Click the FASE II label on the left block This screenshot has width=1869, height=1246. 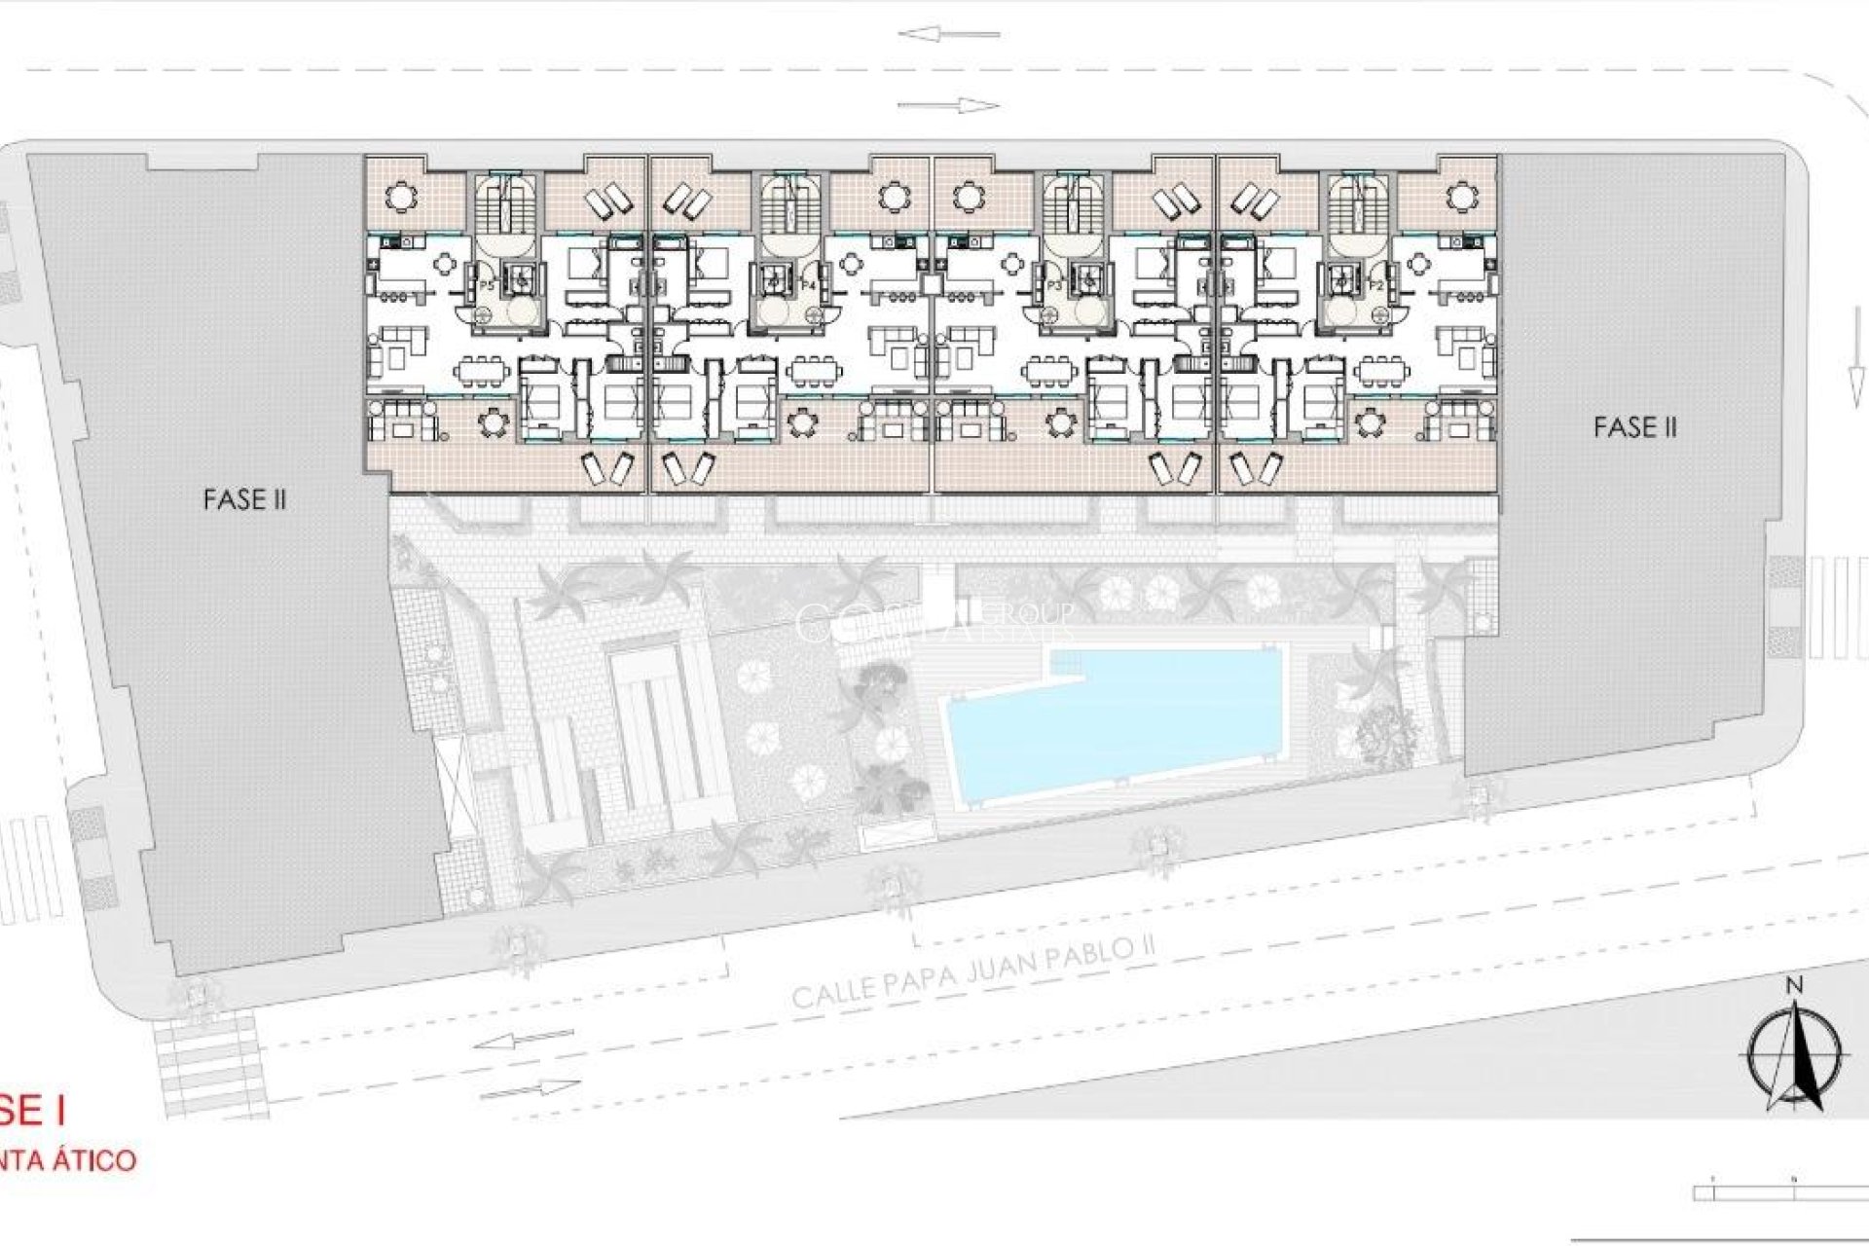point(244,500)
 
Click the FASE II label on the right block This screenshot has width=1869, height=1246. point(1635,427)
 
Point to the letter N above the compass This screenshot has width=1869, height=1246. point(1793,986)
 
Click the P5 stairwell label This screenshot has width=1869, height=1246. point(488,285)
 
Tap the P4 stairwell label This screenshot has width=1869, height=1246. point(808,285)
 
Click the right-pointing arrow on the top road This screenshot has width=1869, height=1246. point(948,105)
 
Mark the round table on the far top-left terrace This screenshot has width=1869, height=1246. point(399,199)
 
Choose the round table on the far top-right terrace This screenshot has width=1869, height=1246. point(1460,199)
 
